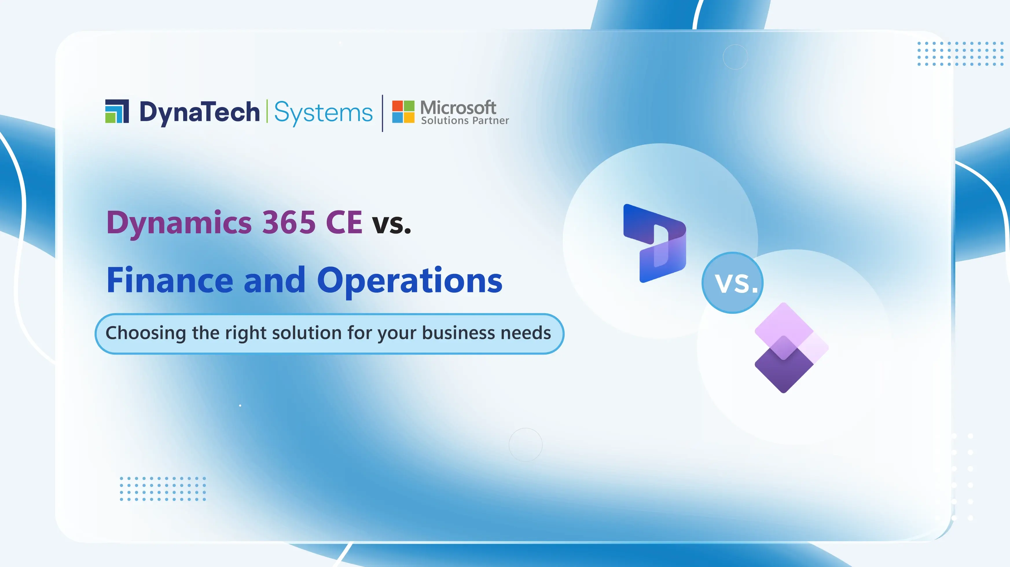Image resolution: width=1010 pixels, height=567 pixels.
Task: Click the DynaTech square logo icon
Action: coord(117,111)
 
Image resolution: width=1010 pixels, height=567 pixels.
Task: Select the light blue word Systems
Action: coord(323,113)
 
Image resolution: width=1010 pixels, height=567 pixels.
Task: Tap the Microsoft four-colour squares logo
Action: coord(403,112)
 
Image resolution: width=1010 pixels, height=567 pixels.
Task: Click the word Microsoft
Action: coord(458,107)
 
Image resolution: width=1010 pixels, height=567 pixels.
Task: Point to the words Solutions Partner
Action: coord(465,121)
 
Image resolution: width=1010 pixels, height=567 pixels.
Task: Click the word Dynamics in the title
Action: coord(179,223)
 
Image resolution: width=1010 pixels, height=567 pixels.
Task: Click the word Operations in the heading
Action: coord(410,281)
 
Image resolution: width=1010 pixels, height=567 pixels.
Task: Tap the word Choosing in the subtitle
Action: coord(146,333)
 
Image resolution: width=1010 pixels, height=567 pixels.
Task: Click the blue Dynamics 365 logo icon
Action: coord(655,243)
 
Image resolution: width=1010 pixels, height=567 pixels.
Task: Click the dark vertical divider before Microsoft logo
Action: coord(382,113)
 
